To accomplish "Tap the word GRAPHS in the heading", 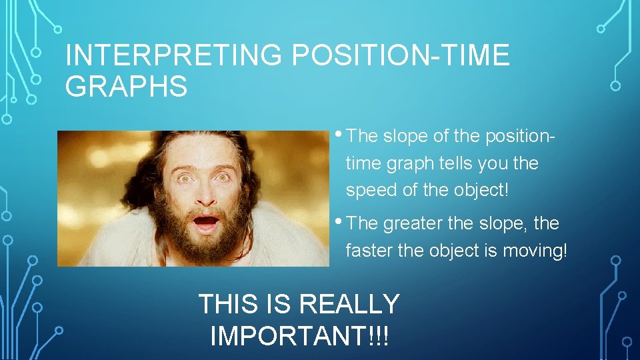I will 127,87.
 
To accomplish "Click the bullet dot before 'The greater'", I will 339,221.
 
